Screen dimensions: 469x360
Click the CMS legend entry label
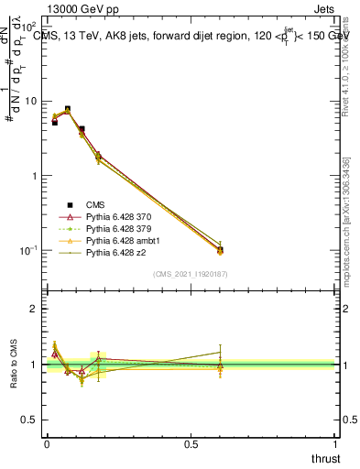point(96,204)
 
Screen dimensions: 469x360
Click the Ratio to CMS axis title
point(14,364)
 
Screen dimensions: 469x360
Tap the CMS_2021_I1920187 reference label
point(191,274)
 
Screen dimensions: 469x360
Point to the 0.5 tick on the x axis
point(191,444)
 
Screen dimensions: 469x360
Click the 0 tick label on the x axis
point(47,444)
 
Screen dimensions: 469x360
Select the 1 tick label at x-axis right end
point(334,444)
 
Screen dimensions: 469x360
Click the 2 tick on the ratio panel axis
point(34,309)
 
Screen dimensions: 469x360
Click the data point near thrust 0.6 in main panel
point(220,249)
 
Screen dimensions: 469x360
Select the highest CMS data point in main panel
point(67,109)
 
